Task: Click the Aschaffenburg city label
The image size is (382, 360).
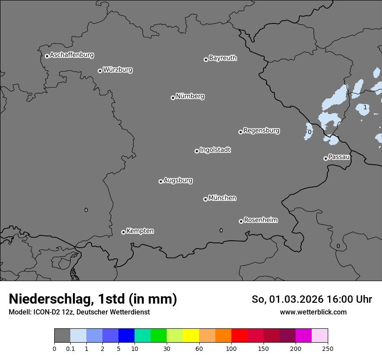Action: coord(72,55)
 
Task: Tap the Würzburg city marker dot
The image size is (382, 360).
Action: coord(100,71)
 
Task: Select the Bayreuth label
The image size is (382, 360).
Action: coord(223,58)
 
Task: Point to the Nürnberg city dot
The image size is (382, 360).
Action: coord(173,98)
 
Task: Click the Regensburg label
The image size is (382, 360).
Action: coord(261,131)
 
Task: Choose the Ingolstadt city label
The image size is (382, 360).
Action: coord(215,150)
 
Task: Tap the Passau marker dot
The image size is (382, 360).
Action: coord(326,158)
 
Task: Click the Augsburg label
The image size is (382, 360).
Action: coord(178,180)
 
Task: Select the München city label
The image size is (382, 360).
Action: coord(222,198)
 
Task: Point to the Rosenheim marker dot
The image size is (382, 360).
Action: coord(241,222)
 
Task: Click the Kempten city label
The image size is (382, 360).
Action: coord(140,231)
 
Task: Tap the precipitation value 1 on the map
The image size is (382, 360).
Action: coord(365,108)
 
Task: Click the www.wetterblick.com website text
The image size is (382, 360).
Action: coord(313,312)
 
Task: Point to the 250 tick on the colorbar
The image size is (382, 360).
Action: coord(328,348)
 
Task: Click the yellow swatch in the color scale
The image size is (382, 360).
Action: coord(191,336)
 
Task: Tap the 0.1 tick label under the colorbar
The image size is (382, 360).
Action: coord(70,348)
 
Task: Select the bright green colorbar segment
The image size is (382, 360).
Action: coord(159,336)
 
